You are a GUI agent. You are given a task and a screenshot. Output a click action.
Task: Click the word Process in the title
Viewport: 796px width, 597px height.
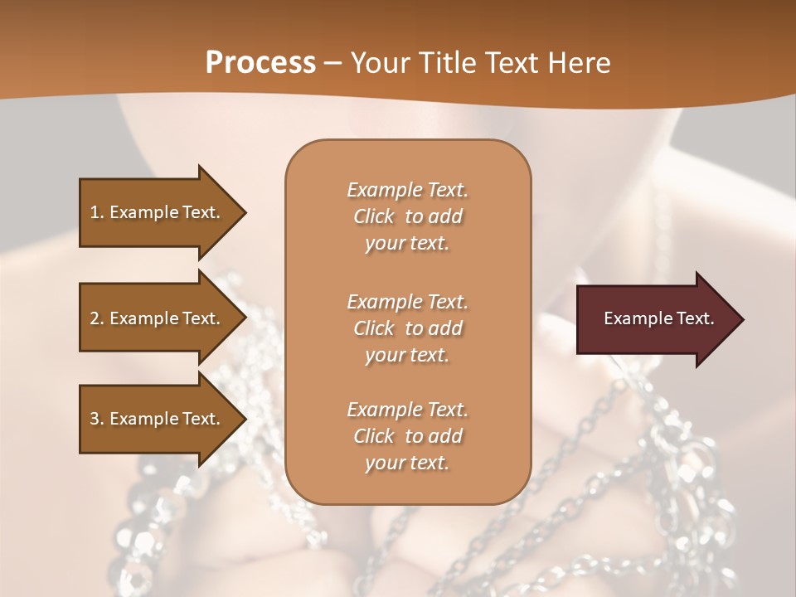260,63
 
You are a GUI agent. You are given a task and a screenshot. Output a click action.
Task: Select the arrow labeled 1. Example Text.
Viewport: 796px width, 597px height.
158,212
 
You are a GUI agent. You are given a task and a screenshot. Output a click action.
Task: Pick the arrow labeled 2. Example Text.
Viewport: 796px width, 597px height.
158,318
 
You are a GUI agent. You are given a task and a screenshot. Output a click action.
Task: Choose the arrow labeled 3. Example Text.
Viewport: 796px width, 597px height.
158,419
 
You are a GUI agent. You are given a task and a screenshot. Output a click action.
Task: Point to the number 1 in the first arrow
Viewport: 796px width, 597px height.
94,212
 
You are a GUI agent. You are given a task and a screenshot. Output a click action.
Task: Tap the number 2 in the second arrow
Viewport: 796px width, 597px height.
95,318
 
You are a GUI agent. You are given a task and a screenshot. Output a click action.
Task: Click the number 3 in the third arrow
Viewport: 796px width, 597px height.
95,419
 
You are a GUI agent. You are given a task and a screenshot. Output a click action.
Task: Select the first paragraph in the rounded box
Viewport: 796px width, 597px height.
407,216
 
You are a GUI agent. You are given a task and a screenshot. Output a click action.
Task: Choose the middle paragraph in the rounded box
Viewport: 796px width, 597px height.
407,328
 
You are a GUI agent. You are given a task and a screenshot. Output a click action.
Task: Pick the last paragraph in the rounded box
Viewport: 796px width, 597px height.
407,436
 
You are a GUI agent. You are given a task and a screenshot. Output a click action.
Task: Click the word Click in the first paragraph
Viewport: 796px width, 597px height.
373,216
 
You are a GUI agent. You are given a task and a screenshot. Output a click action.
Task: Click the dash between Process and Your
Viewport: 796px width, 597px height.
333,63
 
